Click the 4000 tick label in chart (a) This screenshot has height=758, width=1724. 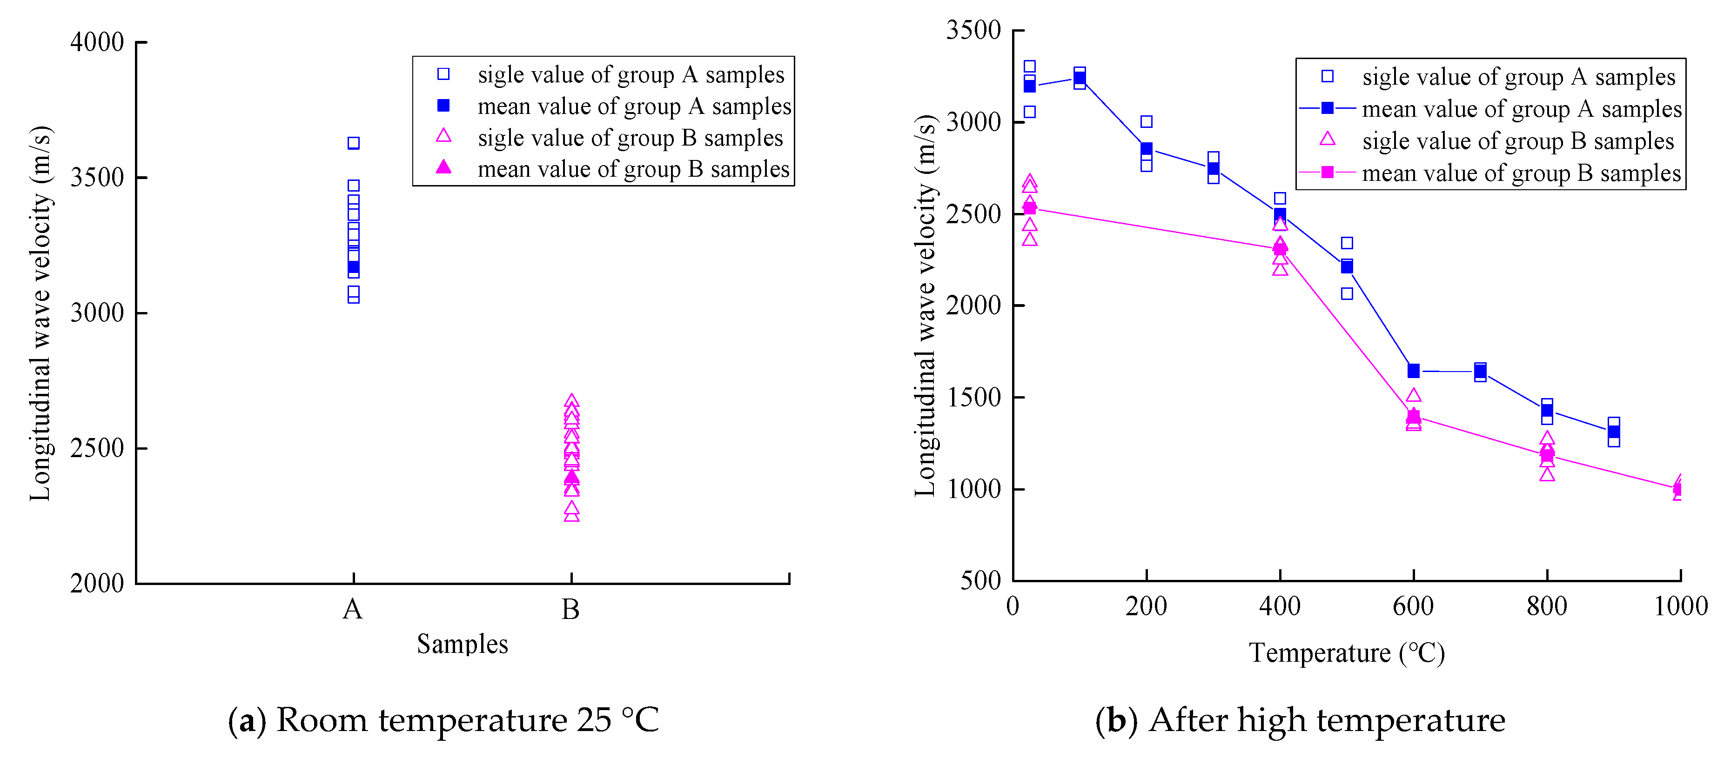97,42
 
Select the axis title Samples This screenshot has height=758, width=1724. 462,644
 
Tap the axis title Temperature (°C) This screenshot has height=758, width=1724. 1347,653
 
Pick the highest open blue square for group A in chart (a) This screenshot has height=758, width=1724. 353,143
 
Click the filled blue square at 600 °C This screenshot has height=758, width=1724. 1414,371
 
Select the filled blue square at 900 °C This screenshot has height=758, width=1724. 1614,432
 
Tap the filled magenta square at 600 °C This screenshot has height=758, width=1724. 1414,417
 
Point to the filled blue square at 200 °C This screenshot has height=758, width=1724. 1147,148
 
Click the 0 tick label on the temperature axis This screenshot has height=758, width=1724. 1013,606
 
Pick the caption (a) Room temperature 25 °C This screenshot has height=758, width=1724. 443,720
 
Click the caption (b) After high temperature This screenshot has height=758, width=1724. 1300,720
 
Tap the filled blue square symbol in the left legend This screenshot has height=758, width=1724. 443,106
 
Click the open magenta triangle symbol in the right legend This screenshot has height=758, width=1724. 1327,139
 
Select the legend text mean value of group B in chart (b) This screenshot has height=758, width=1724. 1521,173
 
